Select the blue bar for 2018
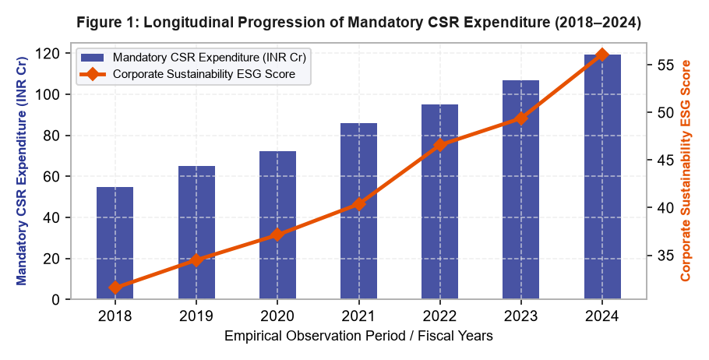115,243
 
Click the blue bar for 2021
358,210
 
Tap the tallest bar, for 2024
602,177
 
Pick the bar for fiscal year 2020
277,224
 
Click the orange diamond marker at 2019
196,259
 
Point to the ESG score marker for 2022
440,145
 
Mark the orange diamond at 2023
521,119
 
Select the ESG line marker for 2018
115,288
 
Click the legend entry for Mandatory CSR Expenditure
193,58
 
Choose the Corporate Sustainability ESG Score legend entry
188,74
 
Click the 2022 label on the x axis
440,316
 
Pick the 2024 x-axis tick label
602,316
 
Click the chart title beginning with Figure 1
358,23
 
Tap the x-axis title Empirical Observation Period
358,336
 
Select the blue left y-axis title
21,171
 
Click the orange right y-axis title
686,171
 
